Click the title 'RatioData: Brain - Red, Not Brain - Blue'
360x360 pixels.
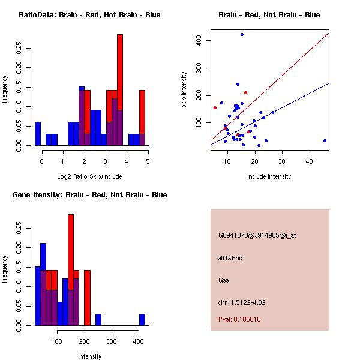(x=89, y=15)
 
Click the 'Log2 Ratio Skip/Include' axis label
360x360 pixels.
(x=89, y=176)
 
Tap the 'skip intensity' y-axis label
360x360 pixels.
(x=184, y=90)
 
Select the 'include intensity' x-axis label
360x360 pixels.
(x=269, y=176)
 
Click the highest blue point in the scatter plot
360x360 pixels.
(x=242, y=35)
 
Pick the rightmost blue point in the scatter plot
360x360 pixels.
(x=325, y=140)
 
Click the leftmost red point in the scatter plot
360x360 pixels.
(x=215, y=107)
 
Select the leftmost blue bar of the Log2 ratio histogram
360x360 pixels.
(x=38, y=133)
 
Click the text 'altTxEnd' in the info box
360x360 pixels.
(x=230, y=258)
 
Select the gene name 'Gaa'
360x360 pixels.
(x=224, y=280)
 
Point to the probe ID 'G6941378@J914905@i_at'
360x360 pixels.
(x=257, y=235)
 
